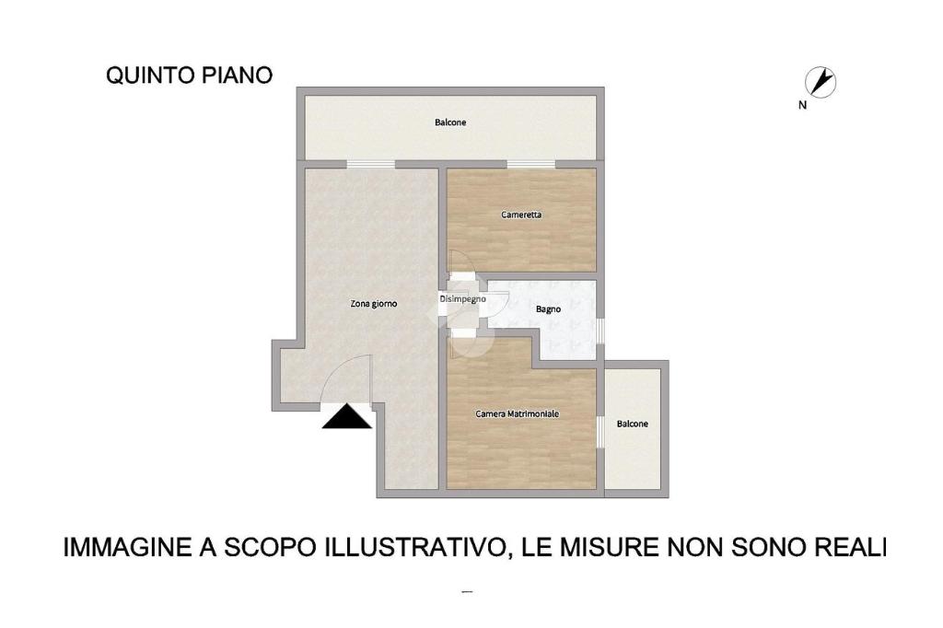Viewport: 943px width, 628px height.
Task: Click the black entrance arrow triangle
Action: (347, 417)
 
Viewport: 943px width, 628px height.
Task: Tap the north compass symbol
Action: (821, 82)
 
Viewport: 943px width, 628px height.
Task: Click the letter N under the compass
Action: (802, 105)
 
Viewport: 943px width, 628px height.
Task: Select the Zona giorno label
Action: (374, 305)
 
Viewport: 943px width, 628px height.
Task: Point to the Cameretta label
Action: (521, 215)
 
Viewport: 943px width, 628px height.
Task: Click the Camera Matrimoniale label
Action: (518, 413)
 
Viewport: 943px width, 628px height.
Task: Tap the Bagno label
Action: (549, 309)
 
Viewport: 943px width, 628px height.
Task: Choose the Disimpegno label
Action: (462, 299)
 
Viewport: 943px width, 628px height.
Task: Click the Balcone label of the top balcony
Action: (450, 122)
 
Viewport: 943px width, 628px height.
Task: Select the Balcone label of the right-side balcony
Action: (633, 424)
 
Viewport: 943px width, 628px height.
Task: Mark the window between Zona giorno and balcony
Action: (371, 164)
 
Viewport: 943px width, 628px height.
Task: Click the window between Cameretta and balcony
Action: (531, 164)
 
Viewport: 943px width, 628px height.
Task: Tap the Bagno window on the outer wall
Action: (600, 331)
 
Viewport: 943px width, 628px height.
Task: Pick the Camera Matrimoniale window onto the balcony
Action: (600, 431)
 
